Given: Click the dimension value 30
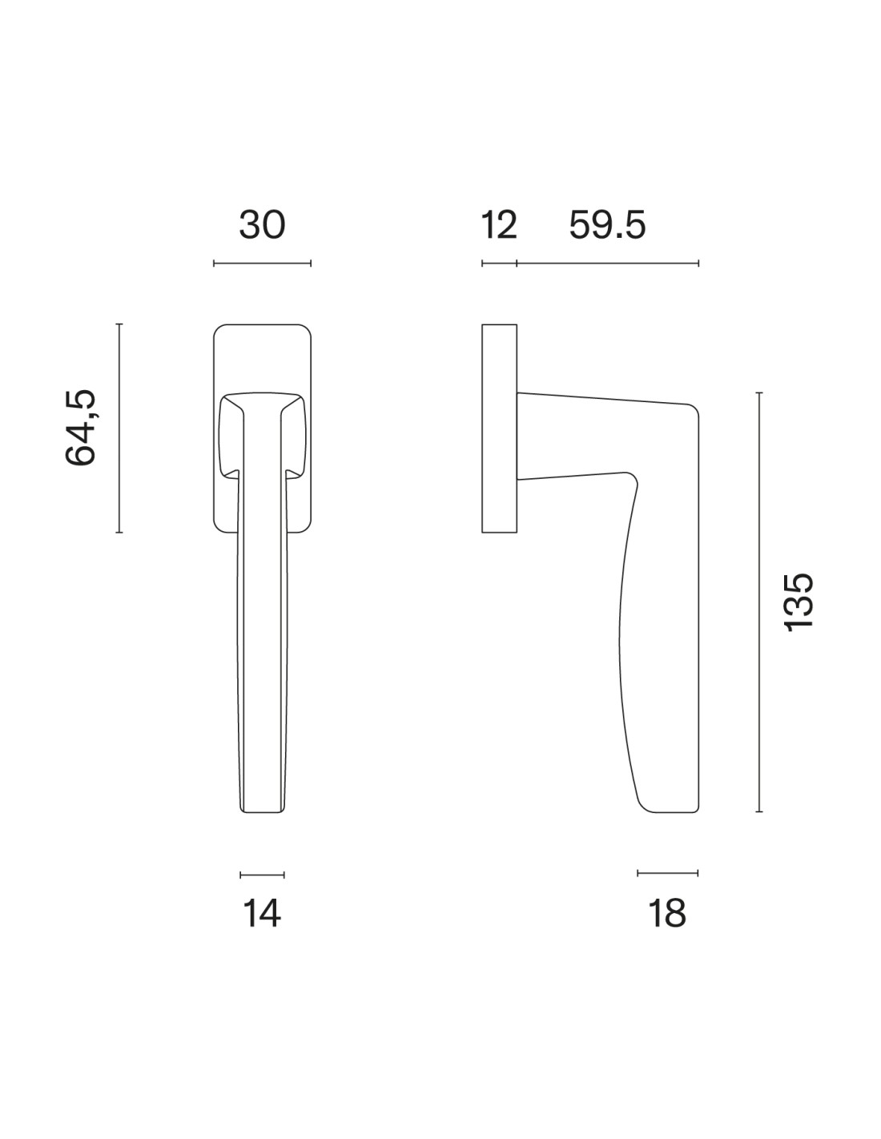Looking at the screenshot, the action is point(262,225).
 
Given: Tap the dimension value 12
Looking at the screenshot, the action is point(499,225).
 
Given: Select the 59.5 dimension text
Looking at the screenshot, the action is point(607,225).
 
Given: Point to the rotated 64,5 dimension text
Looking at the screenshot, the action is point(80,428).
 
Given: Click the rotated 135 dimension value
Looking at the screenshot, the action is point(798,603).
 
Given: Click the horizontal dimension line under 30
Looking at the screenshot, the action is point(262,264).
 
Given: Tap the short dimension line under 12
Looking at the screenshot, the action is point(500,264).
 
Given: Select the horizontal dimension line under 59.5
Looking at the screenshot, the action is point(608,264).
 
